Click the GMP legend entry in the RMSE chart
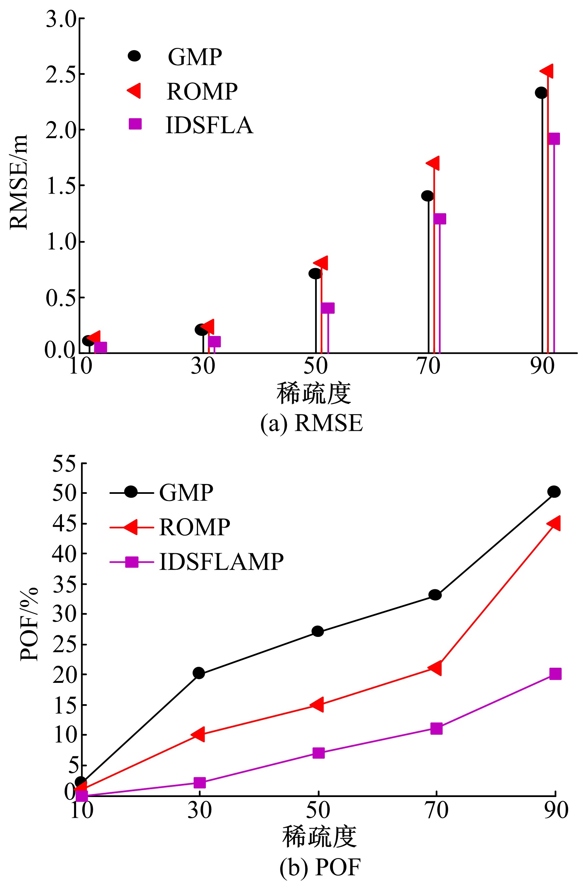click(x=194, y=57)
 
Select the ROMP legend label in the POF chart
click(x=194, y=527)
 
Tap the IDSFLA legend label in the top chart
click(x=209, y=125)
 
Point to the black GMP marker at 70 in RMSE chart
click(x=428, y=196)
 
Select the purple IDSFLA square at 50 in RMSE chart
click(x=328, y=307)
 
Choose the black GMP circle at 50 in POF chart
click(x=318, y=631)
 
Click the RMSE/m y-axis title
click(x=19, y=182)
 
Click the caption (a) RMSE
click(x=311, y=423)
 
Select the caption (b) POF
click(x=320, y=867)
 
